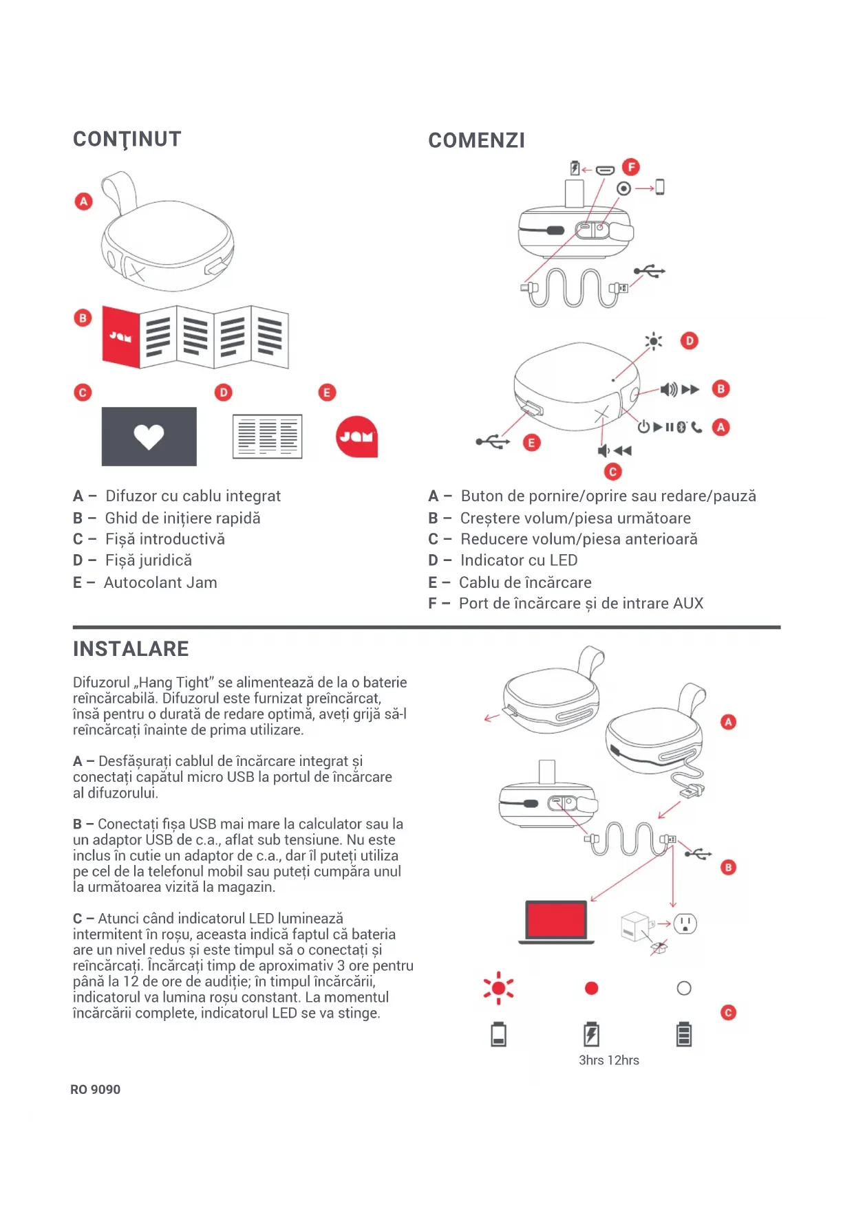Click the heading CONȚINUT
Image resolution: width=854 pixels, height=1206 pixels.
coord(127,140)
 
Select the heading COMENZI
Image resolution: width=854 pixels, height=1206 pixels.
coord(476,141)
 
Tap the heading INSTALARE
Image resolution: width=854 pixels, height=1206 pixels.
coord(131,649)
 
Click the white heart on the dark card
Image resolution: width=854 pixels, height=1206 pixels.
coord(149,436)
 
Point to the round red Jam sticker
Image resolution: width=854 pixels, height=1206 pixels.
coord(356,437)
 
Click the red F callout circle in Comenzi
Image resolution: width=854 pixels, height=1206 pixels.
coord(630,167)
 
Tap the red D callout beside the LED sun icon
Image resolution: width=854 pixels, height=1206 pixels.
coord(689,340)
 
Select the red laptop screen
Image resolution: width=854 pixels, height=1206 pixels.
coord(556,919)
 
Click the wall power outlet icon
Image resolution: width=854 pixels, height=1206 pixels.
coord(685,923)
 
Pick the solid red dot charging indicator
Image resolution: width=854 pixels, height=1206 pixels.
coord(591,988)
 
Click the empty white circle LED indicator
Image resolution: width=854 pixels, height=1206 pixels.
coord(684,988)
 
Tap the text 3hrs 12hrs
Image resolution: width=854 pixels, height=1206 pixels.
coord(609,1060)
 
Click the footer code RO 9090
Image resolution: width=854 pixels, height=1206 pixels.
coord(96,1090)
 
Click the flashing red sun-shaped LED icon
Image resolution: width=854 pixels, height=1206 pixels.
coord(499,988)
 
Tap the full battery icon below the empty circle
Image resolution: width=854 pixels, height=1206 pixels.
coord(684,1034)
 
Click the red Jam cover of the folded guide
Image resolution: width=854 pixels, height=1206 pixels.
coord(121,336)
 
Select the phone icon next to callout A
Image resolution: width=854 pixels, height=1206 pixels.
coord(697,427)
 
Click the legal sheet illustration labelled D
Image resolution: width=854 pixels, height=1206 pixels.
coord(267,436)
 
